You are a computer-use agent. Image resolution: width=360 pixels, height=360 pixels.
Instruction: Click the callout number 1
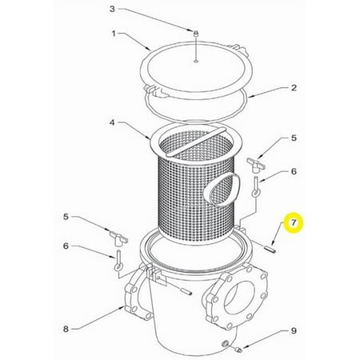tap(114, 34)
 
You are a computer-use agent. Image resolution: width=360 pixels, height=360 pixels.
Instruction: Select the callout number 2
tap(294, 88)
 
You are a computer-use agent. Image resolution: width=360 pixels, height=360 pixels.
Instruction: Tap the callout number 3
tap(112, 9)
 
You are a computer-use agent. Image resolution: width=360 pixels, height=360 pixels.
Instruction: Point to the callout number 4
tap(112, 122)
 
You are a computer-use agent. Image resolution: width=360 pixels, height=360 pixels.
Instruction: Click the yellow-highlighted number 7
tap(294, 223)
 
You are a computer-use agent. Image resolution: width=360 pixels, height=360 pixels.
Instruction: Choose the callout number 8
tap(66, 329)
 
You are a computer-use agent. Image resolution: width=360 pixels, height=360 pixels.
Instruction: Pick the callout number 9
tap(294, 331)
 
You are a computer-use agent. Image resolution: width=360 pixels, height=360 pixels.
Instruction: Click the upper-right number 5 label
tap(294, 138)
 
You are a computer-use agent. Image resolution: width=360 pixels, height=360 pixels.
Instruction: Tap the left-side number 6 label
tap(66, 246)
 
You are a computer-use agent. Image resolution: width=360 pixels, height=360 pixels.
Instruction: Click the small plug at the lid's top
tap(196, 34)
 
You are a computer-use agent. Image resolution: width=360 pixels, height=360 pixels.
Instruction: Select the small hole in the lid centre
tap(196, 62)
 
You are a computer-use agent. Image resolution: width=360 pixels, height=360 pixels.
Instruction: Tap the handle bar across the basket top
tap(195, 142)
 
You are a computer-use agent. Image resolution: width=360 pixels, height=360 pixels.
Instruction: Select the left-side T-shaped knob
tap(118, 238)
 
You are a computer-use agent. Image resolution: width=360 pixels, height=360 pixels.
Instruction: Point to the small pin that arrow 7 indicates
tap(270, 250)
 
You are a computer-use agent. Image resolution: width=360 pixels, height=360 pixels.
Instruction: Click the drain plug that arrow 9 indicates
tap(238, 348)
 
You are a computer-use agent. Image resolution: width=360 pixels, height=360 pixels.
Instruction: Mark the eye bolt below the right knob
tap(256, 187)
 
